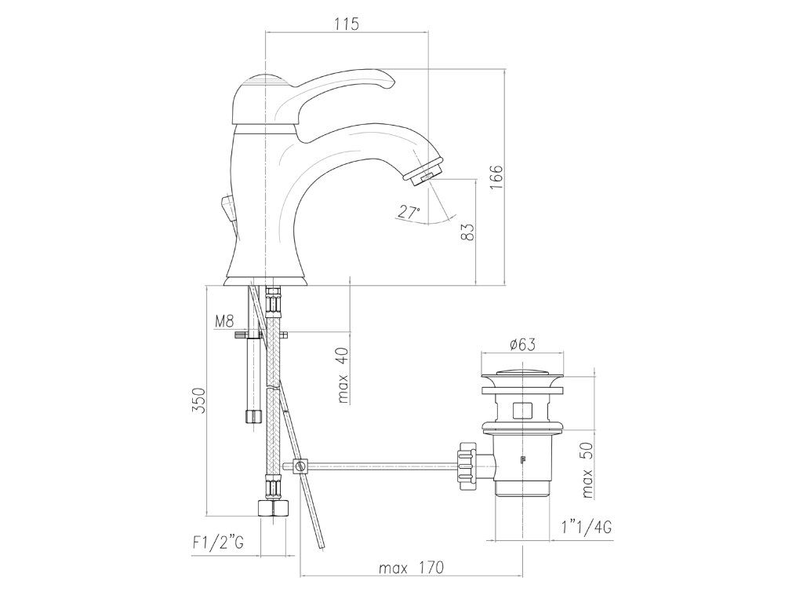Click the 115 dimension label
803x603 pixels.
(x=347, y=24)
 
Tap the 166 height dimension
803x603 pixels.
(x=496, y=177)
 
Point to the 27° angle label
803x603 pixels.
(x=409, y=212)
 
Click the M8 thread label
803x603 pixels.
(x=223, y=321)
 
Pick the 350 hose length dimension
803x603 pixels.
(x=198, y=400)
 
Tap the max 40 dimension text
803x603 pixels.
(x=343, y=375)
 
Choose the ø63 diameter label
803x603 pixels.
(x=522, y=345)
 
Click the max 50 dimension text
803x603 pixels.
(x=587, y=470)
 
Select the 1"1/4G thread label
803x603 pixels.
(x=586, y=527)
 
